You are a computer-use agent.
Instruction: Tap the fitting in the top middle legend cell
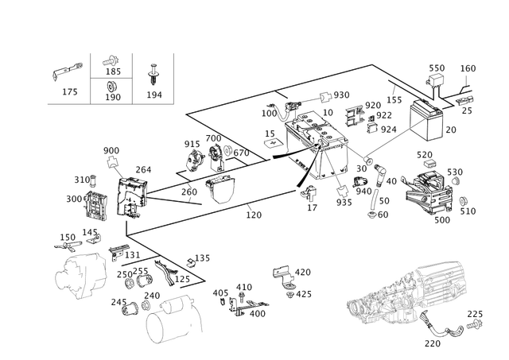pyautogui.click(x=112, y=62)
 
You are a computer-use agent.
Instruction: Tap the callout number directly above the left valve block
pyautogui.click(x=109, y=149)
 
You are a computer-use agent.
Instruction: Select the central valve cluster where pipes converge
pyautogui.click(x=318, y=139)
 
